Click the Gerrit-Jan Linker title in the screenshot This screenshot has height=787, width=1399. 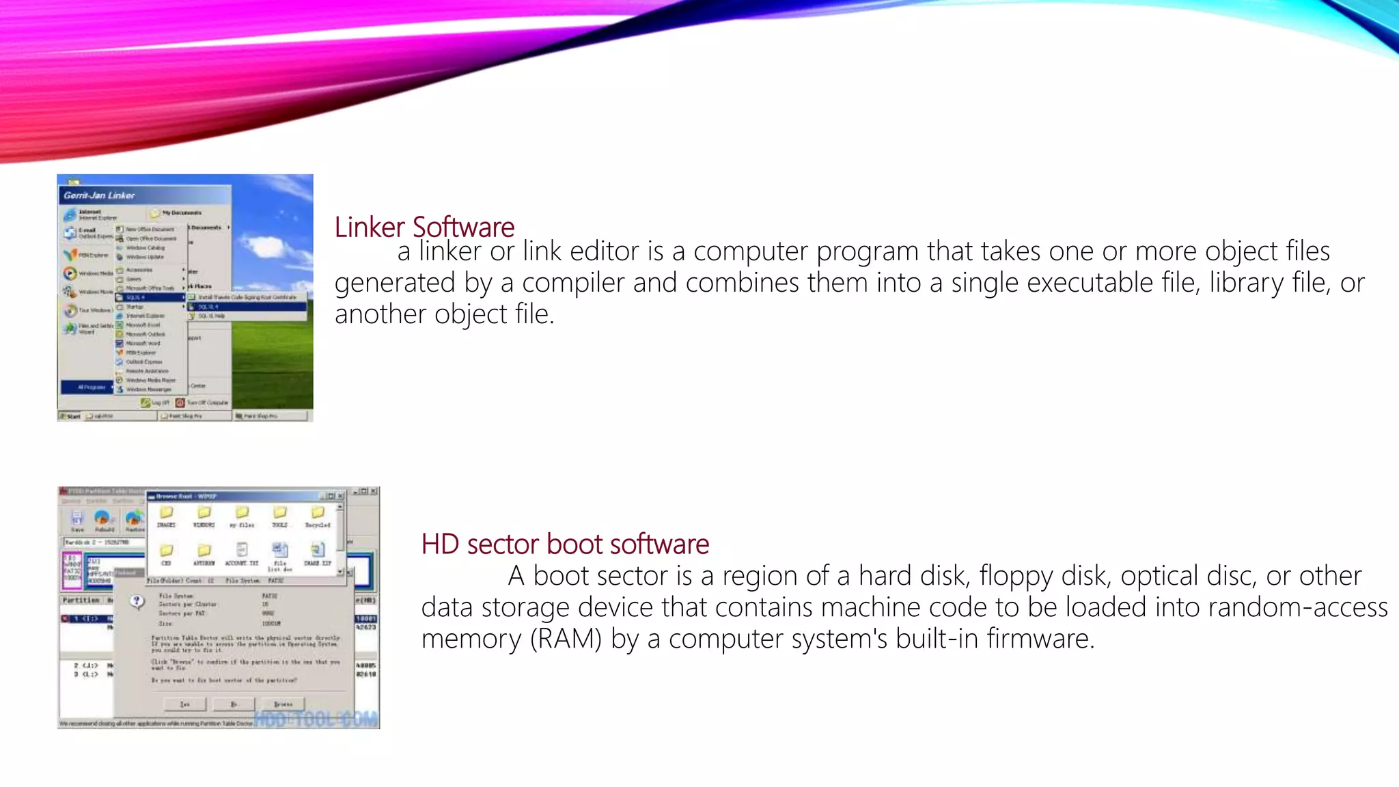pos(100,195)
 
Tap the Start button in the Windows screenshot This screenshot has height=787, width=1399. pos(71,416)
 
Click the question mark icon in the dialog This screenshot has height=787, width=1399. pos(137,601)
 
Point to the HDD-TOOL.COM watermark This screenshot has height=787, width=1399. pos(316,719)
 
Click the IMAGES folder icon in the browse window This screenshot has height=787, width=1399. pos(166,513)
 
